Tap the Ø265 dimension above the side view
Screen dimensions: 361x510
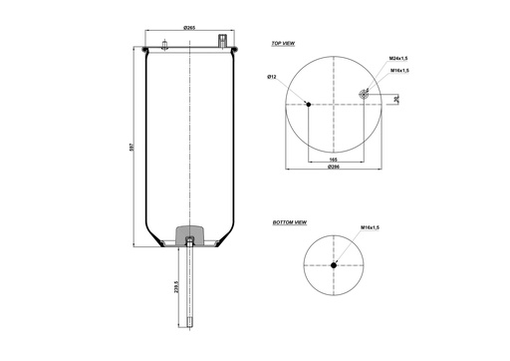click(189, 29)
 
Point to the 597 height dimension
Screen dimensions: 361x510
click(130, 147)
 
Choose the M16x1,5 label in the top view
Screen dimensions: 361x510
click(398, 72)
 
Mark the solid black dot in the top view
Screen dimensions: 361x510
click(308, 104)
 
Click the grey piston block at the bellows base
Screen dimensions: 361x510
click(189, 236)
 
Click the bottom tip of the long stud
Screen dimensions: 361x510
click(189, 325)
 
